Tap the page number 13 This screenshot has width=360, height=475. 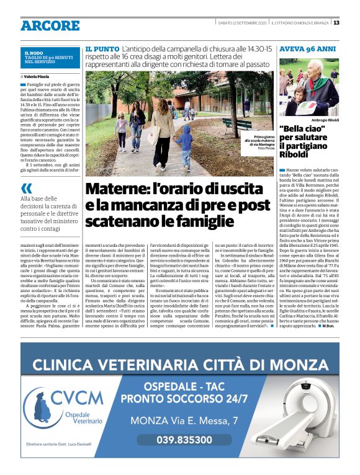(x=336, y=23)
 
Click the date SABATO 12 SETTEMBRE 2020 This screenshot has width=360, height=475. (x=242, y=23)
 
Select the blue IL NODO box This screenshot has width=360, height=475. (x=49, y=58)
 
